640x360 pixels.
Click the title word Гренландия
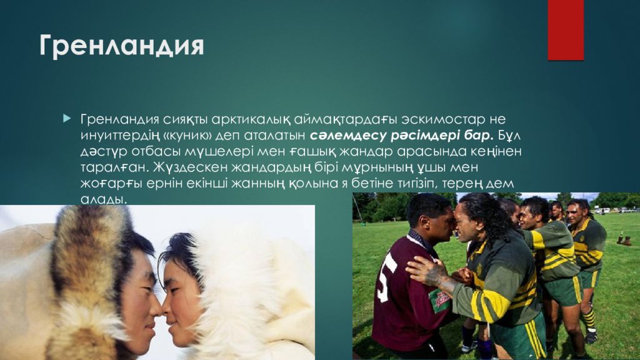tap(122, 47)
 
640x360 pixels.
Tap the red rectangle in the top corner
tap(565, 29)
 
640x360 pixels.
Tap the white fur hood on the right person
tap(256, 281)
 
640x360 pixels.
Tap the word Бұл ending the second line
tap(509, 134)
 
